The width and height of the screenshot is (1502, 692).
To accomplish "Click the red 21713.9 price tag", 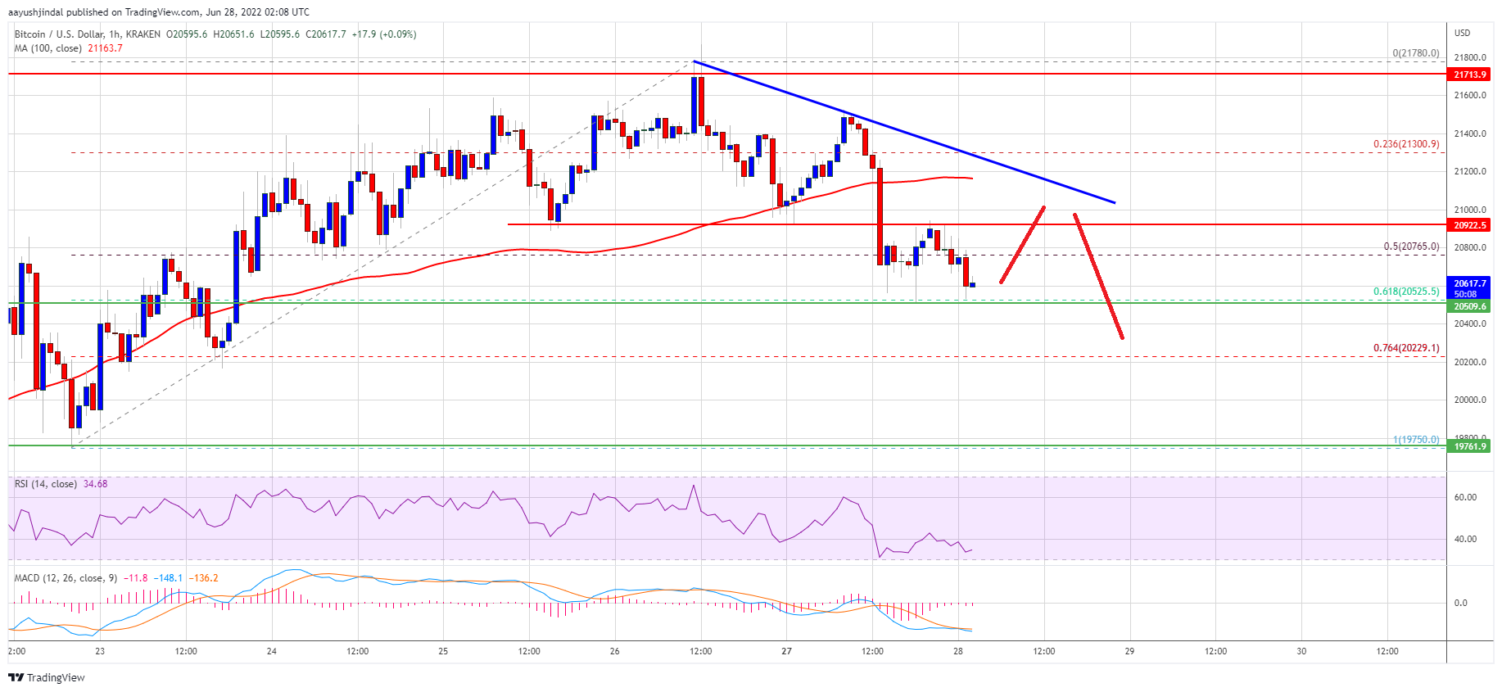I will pos(1469,75).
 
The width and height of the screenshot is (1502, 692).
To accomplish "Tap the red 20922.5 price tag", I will pos(1469,225).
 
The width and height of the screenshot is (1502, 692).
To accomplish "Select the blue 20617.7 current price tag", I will pos(1469,287).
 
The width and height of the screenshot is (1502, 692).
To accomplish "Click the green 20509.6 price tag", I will pos(1469,306).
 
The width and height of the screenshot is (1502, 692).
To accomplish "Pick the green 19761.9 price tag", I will pos(1469,446).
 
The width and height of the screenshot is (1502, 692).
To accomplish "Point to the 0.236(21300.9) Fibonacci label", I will pos(1405,144).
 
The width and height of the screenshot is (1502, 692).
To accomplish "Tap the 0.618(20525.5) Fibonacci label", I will pos(1405,292).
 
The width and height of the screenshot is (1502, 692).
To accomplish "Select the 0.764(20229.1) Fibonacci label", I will pos(1405,348).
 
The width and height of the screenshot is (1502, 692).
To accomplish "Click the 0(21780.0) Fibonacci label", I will pos(1415,53).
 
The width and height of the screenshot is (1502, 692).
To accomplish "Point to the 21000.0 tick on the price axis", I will pos(1469,210).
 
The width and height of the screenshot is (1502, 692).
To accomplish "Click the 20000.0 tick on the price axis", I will pos(1469,400).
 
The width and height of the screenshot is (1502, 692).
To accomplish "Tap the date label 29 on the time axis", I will pos(1129,652).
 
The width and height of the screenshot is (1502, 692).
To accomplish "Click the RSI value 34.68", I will pos(95,484).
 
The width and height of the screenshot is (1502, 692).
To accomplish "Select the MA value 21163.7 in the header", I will pos(105,48).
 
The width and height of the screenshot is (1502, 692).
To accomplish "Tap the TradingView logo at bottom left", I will pos(47,677).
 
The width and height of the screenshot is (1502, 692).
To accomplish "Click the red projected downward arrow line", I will pos(1098,276).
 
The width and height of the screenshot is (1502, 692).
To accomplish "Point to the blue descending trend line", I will pos(901,132).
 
